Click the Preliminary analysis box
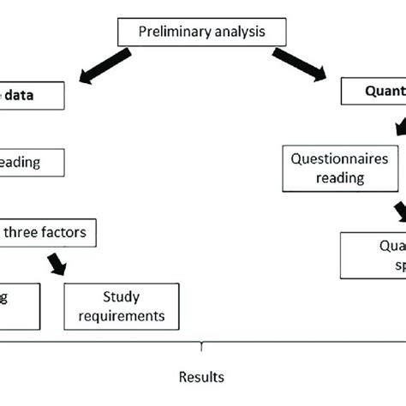tap(203, 33)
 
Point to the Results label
tap(202, 376)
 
